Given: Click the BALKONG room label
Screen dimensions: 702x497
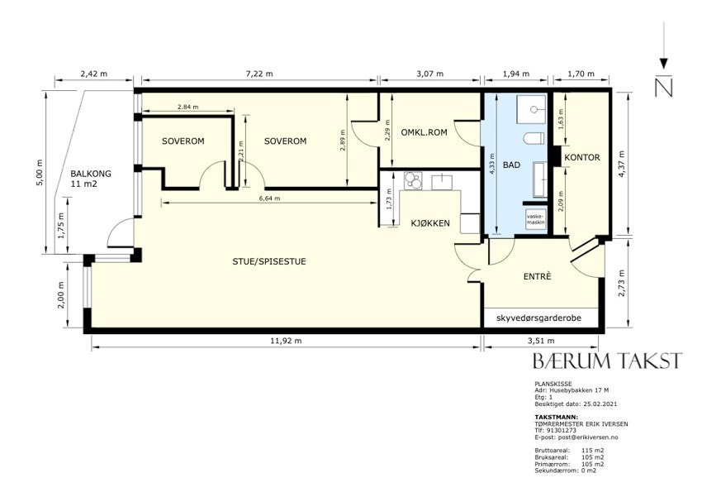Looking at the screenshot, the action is coord(91,174).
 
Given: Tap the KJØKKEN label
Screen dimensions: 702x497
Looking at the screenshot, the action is coord(430,223).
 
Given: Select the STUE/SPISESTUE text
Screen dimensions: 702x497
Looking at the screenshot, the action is coord(269,261).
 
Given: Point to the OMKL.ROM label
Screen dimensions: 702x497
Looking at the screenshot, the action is coord(424,132).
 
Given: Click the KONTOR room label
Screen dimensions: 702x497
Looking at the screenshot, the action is coord(582,157).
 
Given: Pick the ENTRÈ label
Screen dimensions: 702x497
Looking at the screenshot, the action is coord(537,276).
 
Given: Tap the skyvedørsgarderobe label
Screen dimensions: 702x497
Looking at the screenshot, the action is coord(538,318).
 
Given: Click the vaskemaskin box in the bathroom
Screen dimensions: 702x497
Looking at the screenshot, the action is coord(536,220).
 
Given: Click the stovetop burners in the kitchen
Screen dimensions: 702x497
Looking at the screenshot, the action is coord(412,180).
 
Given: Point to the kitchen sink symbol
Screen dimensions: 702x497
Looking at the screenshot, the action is coord(442,180).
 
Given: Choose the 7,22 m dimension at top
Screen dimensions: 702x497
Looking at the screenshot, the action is coord(259,74).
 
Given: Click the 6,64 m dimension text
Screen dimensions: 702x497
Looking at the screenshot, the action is coord(270,198).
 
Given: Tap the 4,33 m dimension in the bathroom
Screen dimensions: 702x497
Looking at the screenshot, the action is coord(492,164).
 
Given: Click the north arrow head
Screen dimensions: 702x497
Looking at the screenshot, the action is coord(664,63).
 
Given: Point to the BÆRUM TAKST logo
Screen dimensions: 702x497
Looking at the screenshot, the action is coord(608,361).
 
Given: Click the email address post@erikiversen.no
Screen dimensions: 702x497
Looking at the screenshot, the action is coord(576,437).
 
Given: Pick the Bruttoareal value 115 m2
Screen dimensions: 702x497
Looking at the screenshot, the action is coord(592,451).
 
